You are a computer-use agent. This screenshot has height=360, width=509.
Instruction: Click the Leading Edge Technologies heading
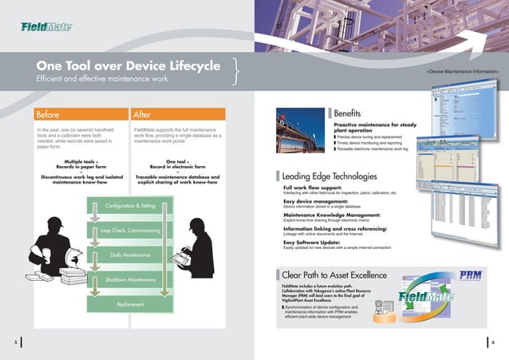tap(324, 176)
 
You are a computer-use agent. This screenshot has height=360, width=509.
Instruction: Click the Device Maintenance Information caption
tap(463, 73)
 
